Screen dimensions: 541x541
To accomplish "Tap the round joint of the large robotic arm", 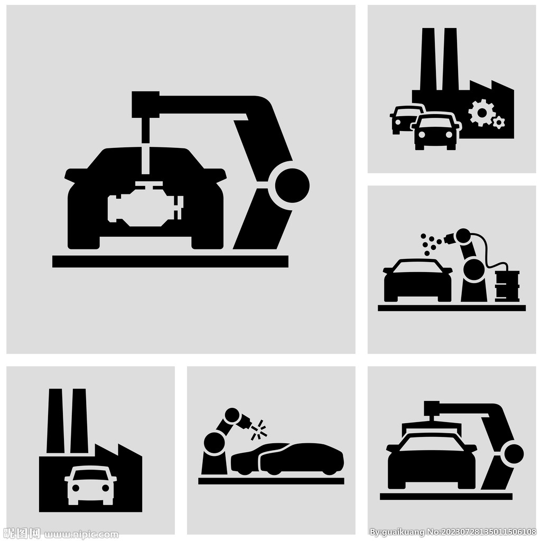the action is point(292,185).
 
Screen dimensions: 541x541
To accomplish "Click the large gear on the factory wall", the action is point(482,113).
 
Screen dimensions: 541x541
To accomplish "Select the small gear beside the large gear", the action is point(499,123).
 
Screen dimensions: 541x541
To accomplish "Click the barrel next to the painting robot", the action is point(507,286).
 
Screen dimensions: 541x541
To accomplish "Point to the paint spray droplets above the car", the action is point(430,244).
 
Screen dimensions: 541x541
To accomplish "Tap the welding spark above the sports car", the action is point(259,430).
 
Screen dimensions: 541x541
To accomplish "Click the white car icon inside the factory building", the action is point(90,485).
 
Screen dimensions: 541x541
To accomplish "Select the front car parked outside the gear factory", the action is point(436,131).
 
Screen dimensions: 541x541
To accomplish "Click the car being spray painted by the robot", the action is point(418,280).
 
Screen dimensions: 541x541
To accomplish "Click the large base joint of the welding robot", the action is point(214,442).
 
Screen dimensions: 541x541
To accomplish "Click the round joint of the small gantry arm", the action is point(514,454).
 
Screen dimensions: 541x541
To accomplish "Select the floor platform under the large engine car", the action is point(170,262).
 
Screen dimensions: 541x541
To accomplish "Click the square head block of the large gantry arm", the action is point(145,105).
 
